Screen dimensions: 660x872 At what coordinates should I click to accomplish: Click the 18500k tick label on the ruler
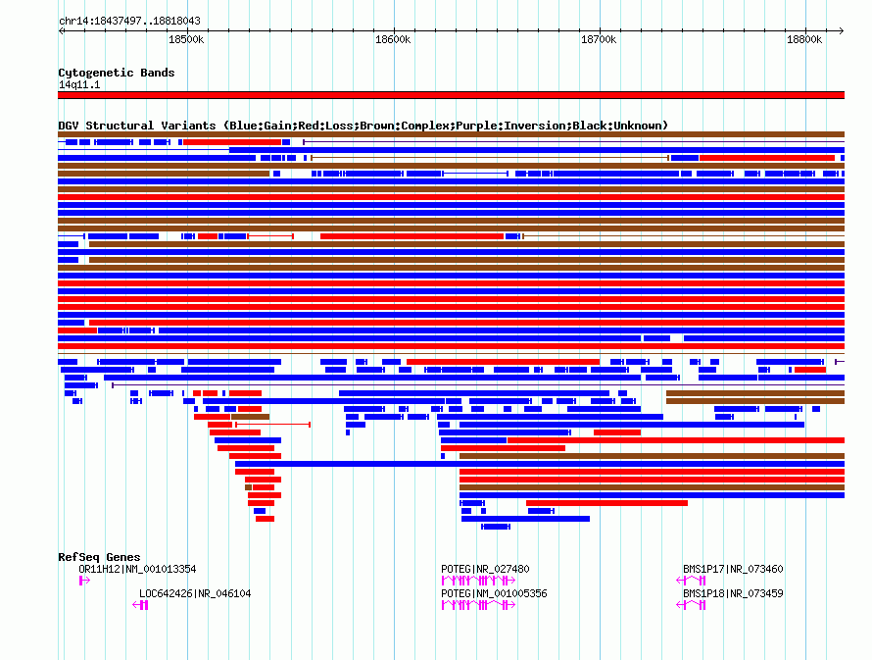coord(186,39)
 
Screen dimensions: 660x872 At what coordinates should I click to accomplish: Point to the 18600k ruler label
coord(393,39)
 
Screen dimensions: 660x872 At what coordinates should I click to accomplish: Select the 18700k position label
coord(599,39)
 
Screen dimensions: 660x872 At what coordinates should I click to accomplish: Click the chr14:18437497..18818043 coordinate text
coord(129,21)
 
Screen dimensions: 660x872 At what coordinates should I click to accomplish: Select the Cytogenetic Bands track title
coord(116,73)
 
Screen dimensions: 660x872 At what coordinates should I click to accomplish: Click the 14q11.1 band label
coord(79,84)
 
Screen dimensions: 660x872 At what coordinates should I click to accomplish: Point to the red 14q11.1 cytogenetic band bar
coord(451,95)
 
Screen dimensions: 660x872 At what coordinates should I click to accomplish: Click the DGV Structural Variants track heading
coord(363,126)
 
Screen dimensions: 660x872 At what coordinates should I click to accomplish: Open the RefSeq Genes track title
coord(99,557)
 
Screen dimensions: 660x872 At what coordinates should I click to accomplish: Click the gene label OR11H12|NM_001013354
coord(137,569)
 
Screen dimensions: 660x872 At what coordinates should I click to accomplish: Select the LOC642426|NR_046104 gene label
coord(195,593)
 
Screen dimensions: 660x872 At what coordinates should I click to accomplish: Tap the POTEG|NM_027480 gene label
coord(486,569)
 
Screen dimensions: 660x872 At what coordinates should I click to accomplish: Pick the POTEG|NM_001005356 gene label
coord(494,593)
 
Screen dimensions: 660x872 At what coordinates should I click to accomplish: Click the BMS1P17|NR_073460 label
coord(733,569)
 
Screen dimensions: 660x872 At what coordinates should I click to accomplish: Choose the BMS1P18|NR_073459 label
coord(733,593)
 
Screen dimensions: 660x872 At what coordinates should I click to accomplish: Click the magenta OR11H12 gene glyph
coord(84,581)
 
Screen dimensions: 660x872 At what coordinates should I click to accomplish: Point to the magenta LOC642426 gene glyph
coord(141,605)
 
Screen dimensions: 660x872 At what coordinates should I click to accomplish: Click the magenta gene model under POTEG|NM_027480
coord(475,581)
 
